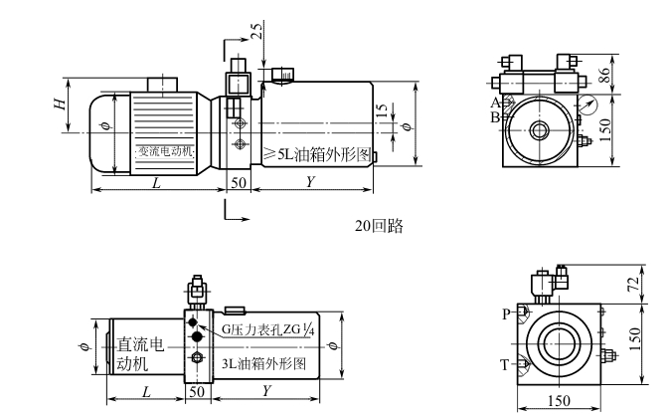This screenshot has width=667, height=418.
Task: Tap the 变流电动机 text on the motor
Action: tap(165, 151)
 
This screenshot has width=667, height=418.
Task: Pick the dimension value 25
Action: tap(256, 29)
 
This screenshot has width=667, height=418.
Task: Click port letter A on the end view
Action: tap(494, 103)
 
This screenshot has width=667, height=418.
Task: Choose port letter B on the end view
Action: tap(494, 116)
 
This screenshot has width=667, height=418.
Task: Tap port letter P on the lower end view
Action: tap(506, 312)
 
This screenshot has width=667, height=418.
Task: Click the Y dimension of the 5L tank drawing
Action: tap(311, 183)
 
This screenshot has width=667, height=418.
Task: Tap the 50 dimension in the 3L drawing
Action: tap(196, 392)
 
